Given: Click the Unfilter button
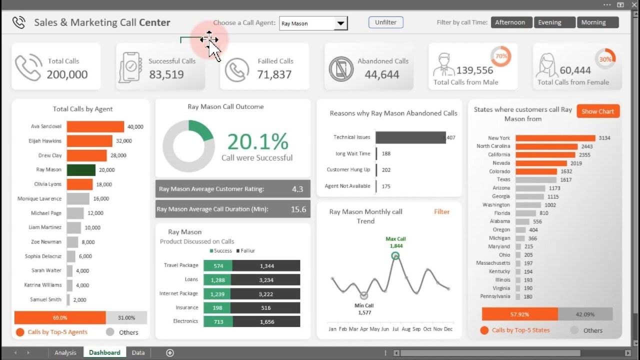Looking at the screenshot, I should tap(385, 22).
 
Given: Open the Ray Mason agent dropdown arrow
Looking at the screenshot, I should tap(340, 23).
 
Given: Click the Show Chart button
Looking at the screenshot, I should tap(597, 111).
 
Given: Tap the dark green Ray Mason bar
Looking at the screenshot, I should tap(81, 170).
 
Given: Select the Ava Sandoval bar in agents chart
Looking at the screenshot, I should tap(95, 126).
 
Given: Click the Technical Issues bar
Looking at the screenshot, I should tap(410, 137).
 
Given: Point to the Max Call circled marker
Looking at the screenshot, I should tap(395, 256).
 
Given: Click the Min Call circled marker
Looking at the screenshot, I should tap(364, 295).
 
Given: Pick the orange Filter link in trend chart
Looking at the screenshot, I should tap(441, 211).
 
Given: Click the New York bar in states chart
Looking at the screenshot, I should tap(555, 138).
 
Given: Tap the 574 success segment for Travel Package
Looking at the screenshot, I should tap(218, 265).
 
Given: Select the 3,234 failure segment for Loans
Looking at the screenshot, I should tap(266, 279).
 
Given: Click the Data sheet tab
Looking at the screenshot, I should tap(138, 352).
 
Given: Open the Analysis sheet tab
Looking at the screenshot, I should tap(65, 352).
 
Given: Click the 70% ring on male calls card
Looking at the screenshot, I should tap(501, 56).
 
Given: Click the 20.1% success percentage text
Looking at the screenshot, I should tap(258, 141).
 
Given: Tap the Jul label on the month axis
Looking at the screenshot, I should tap(395, 329).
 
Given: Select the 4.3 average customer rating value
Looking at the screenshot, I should tap(297, 189).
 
